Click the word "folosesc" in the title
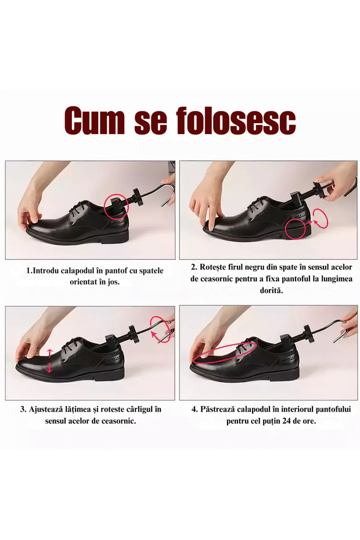pyautogui.click(x=236, y=121)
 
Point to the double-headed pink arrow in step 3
pyautogui.click(x=50, y=360)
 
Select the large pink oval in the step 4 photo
pyautogui.click(x=224, y=353)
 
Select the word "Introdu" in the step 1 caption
pyautogui.click(x=45, y=271)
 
